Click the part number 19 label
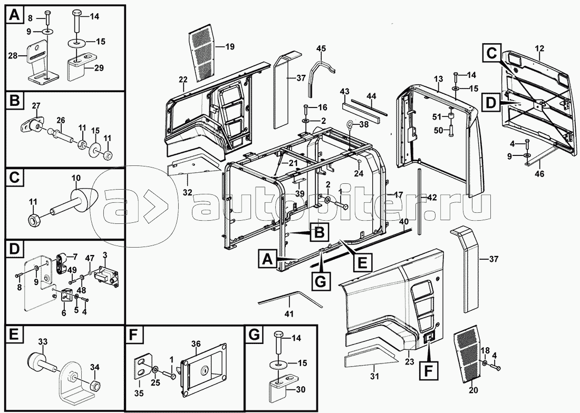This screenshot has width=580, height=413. tap(230, 46)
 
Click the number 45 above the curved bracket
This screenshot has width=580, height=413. tap(321, 48)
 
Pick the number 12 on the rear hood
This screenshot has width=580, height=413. tap(539, 47)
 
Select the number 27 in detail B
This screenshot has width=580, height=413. tap(36, 106)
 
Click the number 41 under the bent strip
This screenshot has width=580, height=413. tap(289, 314)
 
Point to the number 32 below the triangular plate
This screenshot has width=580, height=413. tap(188, 192)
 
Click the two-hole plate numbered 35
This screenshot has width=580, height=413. tap(143, 368)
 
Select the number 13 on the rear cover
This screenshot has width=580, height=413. tap(438, 78)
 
